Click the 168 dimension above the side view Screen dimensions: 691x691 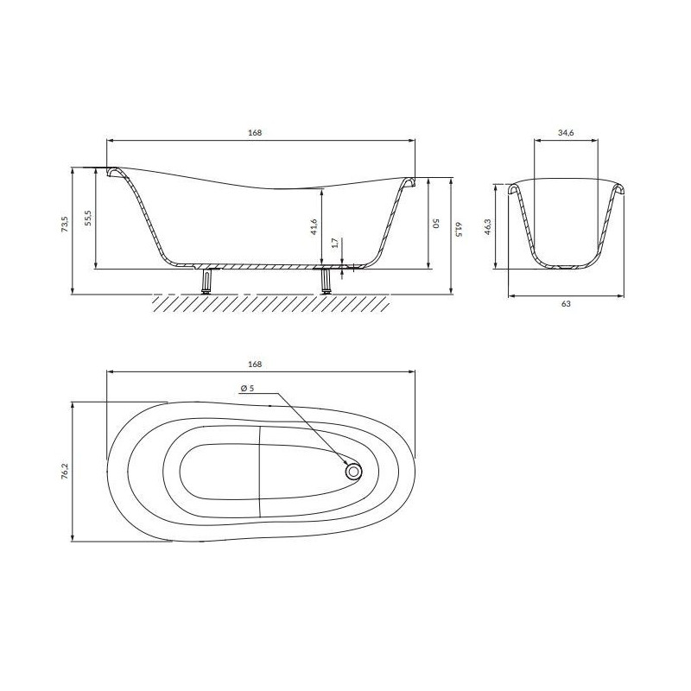255,133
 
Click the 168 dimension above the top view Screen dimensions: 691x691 255,364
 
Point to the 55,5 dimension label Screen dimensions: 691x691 88,219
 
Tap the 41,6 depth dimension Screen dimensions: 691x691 314,226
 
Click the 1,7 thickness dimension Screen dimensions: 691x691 335,243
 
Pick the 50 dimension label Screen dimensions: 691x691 436,223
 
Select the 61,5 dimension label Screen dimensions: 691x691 459,229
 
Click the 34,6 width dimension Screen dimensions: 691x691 566,133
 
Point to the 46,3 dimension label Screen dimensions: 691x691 487,226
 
